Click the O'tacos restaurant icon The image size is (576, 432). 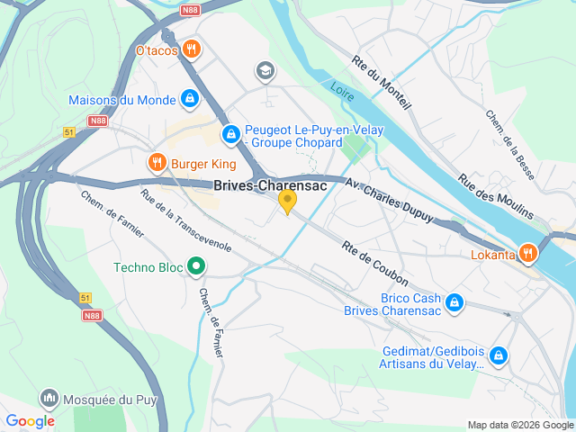[190, 49]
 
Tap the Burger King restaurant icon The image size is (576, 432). [157, 163]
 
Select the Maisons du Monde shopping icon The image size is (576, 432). [190, 98]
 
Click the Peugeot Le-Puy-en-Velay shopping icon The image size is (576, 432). [231, 135]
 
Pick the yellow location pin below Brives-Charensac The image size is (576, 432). [287, 202]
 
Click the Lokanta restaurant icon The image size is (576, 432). [528, 254]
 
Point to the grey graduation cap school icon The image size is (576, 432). [265, 70]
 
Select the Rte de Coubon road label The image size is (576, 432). [375, 264]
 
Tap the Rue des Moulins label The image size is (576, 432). [496, 197]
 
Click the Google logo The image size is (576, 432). [31, 421]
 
